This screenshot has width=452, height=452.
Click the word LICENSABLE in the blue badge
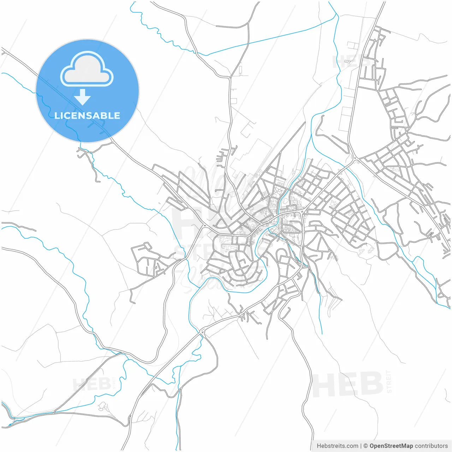[x=87, y=115]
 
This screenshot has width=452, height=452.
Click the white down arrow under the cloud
[x=83, y=97]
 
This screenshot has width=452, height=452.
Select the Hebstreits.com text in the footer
[x=337, y=446]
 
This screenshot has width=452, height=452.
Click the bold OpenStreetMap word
[x=391, y=446]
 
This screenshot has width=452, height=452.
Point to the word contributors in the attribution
[x=431, y=446]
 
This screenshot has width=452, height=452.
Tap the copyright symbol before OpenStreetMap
[x=366, y=446]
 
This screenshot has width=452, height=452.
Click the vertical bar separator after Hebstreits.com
[x=361, y=446]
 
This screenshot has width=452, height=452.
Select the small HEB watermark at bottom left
[x=91, y=384]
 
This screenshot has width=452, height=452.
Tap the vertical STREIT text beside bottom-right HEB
[x=389, y=382]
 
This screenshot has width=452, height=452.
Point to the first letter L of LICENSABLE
[x=57, y=115]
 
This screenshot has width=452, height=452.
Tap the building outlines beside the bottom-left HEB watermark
[x=103, y=407]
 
